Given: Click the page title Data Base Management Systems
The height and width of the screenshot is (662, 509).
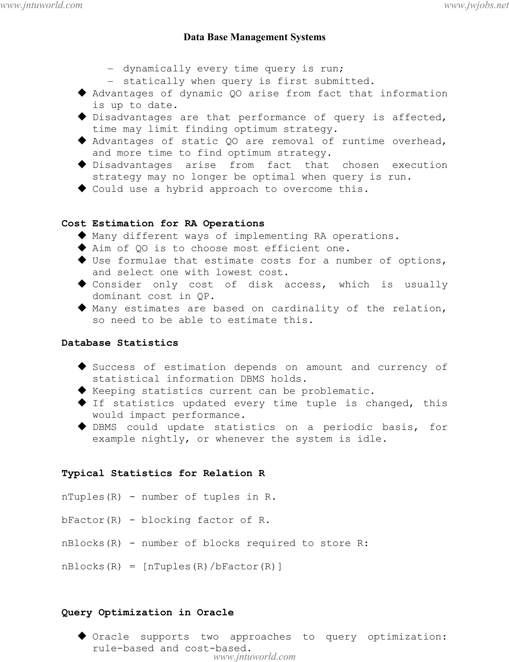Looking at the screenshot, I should click(254, 37).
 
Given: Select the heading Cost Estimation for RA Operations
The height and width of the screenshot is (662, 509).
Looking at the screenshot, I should click(163, 224).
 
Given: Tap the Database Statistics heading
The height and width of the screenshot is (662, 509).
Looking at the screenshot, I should click(120, 343).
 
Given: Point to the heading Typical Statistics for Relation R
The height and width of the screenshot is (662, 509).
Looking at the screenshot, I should click(163, 473).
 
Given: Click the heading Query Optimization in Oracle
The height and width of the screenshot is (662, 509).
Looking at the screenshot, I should click(148, 612).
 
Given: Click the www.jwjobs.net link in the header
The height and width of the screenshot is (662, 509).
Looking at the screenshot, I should click(476, 5).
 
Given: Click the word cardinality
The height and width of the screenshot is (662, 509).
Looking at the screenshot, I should click(305, 309).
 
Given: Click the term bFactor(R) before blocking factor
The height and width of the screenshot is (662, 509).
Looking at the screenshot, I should click(91, 520).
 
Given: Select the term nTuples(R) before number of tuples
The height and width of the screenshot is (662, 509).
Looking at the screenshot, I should click(91, 497).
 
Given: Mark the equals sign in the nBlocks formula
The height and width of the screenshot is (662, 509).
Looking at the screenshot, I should click(132, 566).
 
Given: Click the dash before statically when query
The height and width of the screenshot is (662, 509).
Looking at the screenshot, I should click(110, 81).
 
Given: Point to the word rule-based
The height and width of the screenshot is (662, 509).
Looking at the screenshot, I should click(123, 648).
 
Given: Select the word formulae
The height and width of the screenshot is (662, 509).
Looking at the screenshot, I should click(142, 261).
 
